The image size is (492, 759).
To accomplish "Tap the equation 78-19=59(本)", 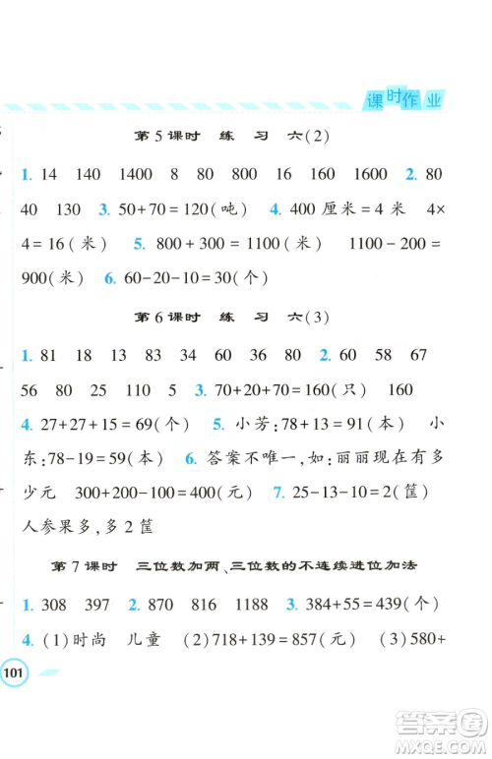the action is pos(105,459).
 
